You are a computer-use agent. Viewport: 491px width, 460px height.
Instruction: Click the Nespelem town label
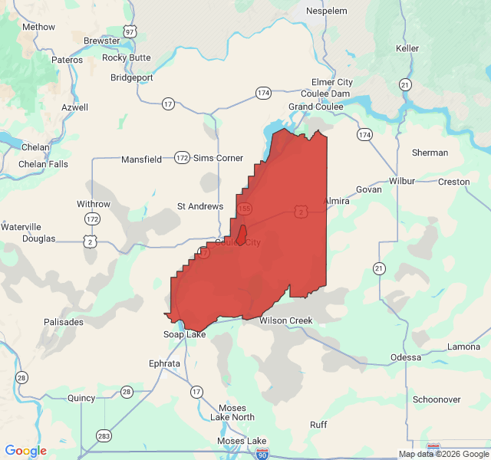(327, 11)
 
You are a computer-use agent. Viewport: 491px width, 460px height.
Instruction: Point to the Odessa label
(406, 357)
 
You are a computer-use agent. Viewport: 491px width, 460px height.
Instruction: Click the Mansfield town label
(141, 159)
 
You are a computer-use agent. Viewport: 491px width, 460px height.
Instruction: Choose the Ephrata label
(165, 363)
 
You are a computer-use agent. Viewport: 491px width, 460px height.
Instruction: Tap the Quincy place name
(81, 398)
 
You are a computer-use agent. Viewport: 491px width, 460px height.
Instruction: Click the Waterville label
(21, 227)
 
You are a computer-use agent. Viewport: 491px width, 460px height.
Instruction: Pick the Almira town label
(336, 200)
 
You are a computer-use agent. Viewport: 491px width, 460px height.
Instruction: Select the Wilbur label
(402, 181)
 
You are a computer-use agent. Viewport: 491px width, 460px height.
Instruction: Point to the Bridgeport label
(132, 77)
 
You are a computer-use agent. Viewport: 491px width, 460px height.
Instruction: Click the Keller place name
(407, 48)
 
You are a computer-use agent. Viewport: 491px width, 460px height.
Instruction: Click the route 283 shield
(104, 436)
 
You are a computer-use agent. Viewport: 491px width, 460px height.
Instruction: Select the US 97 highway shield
(131, 31)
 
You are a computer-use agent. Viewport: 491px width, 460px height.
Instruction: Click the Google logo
(25, 451)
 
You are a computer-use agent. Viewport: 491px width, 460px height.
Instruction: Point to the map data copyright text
(443, 454)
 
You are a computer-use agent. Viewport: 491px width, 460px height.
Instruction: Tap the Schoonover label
(437, 399)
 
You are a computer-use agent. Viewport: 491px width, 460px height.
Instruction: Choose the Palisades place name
(64, 322)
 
